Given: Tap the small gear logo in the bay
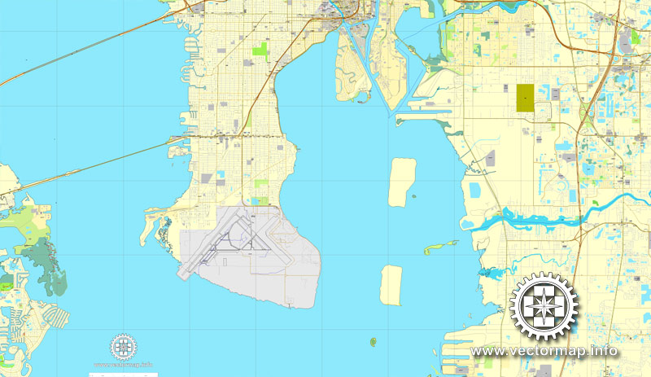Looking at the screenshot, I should pos(124,347).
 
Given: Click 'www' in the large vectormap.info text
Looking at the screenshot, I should pos(488,352).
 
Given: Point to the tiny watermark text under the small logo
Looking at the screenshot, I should pos(124,365).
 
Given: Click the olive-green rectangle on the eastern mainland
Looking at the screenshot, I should pos(525,99).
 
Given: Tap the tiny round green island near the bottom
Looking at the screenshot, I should pos(374,341).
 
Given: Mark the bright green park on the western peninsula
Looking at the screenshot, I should pos(261,50).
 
